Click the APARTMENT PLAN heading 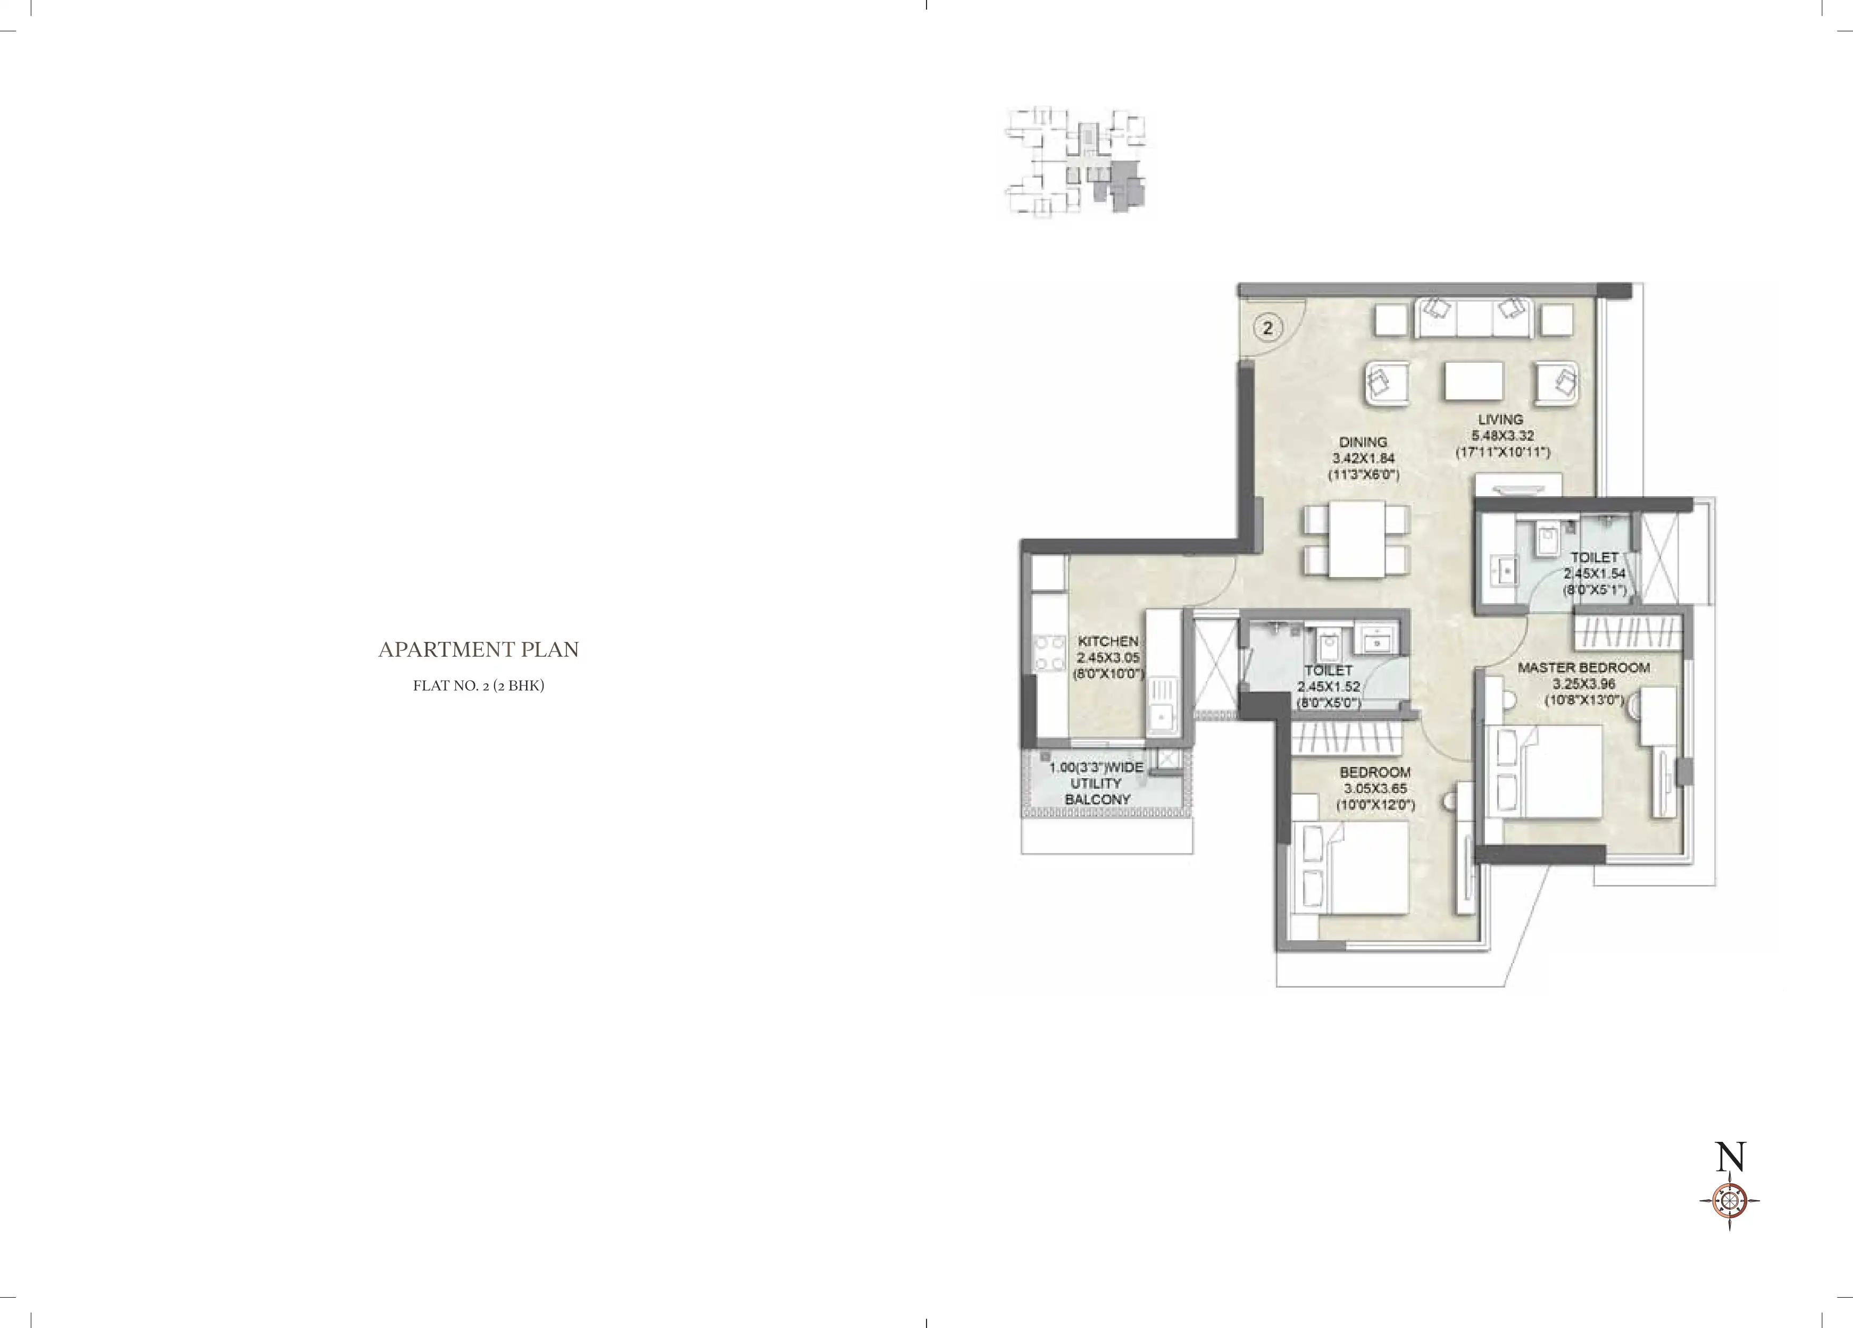478,650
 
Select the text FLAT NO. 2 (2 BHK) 478,686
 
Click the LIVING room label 1500,419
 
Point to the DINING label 1363,442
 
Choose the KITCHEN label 1108,641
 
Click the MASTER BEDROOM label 1583,667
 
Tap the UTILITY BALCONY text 1097,791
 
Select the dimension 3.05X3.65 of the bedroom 1375,789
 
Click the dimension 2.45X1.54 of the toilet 1594,574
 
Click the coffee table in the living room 1474,381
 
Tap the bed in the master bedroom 1547,772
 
